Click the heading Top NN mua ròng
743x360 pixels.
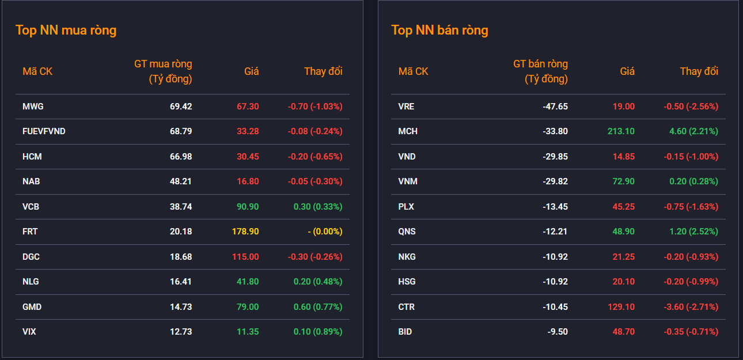click(x=66, y=30)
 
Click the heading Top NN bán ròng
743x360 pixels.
click(x=439, y=30)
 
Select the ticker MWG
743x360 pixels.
click(x=33, y=107)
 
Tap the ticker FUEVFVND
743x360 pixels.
click(x=44, y=131)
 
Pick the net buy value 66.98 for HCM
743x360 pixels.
click(x=181, y=157)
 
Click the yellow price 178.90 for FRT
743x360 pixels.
click(x=245, y=232)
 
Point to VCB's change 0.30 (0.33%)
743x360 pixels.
click(x=318, y=207)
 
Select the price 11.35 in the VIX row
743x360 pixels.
click(x=248, y=332)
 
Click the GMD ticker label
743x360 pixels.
click(x=32, y=307)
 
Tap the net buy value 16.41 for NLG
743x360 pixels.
click(x=181, y=282)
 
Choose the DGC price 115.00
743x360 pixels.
click(x=245, y=257)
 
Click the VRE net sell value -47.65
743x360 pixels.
click(x=555, y=107)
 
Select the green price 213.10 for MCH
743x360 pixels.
click(x=621, y=131)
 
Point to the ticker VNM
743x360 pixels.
click(x=408, y=181)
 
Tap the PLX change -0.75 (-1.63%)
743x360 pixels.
click(x=691, y=207)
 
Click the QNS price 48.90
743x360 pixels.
click(x=623, y=232)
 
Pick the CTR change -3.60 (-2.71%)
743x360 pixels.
click(x=691, y=307)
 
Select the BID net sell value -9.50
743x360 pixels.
click(x=558, y=332)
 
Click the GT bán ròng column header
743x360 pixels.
click(x=540, y=71)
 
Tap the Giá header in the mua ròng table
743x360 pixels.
click(x=252, y=71)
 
